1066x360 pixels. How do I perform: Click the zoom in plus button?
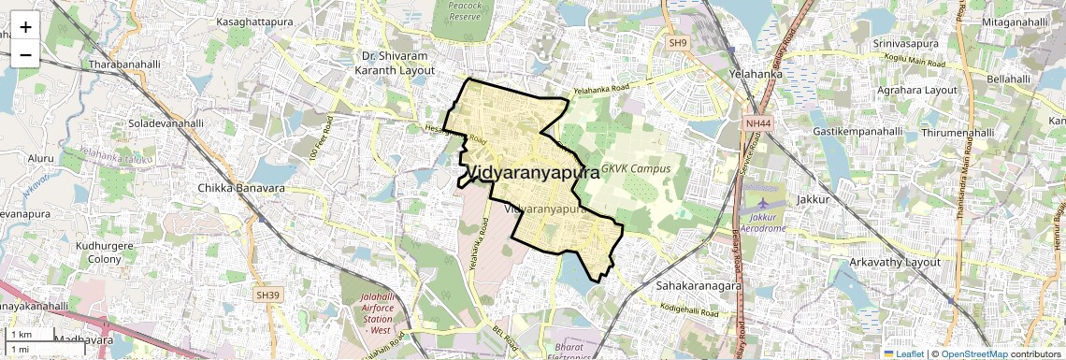(x=25, y=26)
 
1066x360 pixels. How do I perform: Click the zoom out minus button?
(x=25, y=54)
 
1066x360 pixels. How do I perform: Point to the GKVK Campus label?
(x=637, y=169)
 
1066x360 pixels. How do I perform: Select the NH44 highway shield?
(x=756, y=123)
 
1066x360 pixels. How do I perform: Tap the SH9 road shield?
(x=677, y=43)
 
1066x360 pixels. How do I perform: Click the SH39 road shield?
(x=268, y=295)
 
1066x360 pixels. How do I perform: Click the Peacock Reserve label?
(x=465, y=11)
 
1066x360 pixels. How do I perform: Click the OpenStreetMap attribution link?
(x=973, y=353)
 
